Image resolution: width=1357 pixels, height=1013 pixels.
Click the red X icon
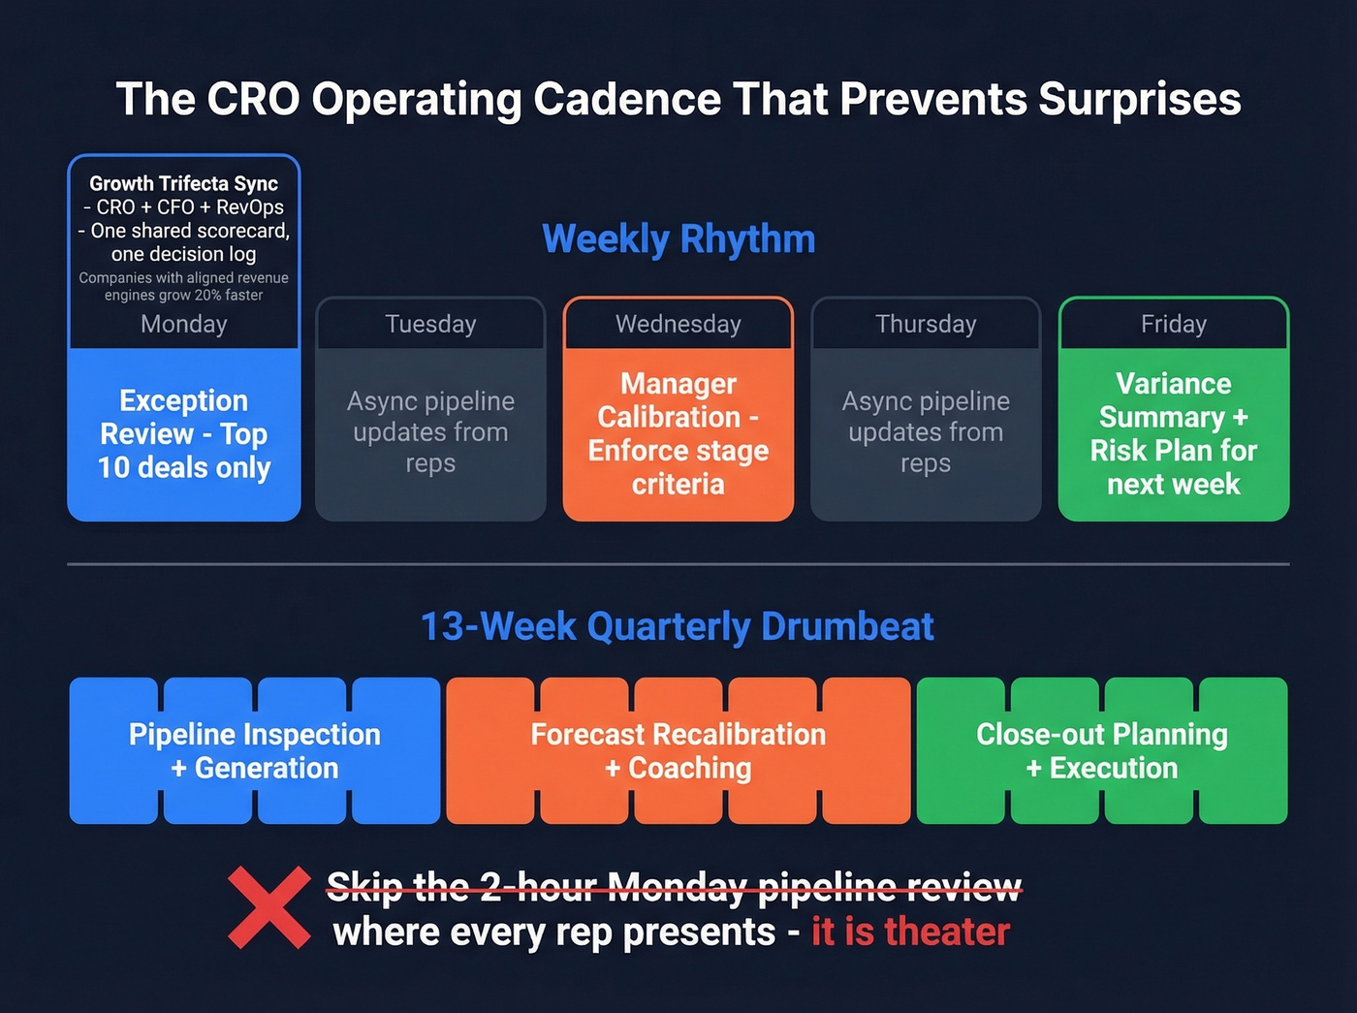(268, 907)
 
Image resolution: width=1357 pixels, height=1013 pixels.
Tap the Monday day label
(184, 324)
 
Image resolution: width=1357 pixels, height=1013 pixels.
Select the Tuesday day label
(430, 324)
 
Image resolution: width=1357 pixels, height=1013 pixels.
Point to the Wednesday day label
(678, 324)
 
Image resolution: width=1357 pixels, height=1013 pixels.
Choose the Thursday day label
(926, 324)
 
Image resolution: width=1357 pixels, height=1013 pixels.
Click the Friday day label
(1173, 324)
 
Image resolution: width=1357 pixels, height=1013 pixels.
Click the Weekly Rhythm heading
(678, 239)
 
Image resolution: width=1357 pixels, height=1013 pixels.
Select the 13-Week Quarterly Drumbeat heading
(678, 627)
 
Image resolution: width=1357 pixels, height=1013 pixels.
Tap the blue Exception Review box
(184, 434)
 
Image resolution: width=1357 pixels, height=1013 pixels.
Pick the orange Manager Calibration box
(678, 434)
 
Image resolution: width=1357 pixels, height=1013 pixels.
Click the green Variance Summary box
(1173, 434)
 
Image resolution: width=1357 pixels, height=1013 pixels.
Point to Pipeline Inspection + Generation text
(255, 751)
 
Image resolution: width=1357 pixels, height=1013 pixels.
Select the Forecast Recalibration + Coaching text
(678, 751)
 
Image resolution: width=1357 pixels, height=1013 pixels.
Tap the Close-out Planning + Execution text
(1102, 751)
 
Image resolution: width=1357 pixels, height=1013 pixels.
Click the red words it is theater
(910, 932)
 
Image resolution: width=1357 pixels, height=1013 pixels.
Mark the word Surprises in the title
(1139, 100)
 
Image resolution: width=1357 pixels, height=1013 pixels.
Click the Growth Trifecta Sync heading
(184, 183)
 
